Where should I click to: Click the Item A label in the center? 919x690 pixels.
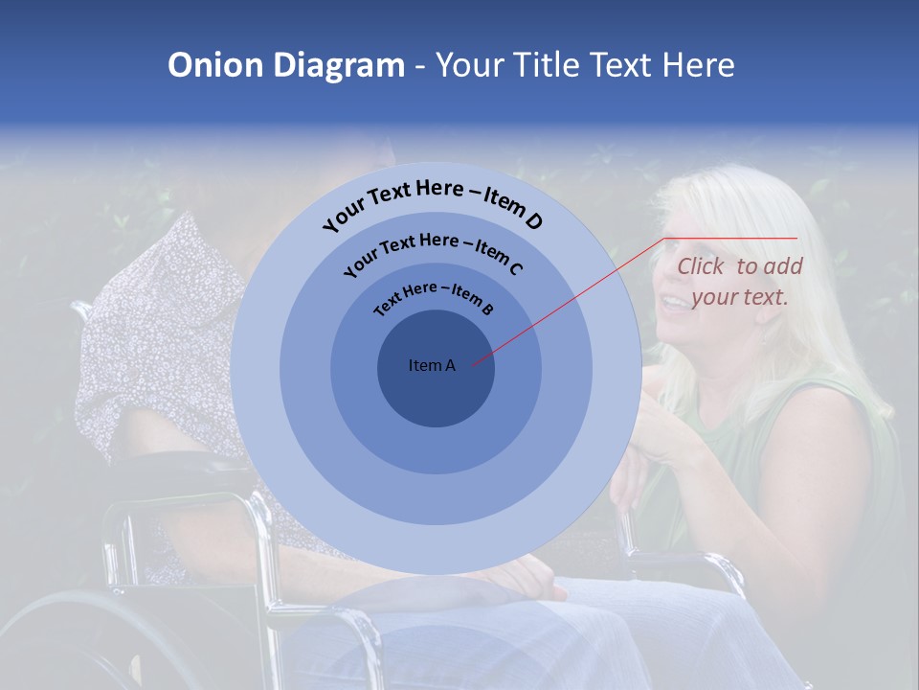(432, 365)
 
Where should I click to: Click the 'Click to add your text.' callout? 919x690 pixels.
(739, 282)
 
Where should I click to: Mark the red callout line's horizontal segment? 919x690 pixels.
(731, 238)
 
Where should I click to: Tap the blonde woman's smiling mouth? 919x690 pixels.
(676, 303)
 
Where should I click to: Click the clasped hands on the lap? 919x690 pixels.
(522, 575)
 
